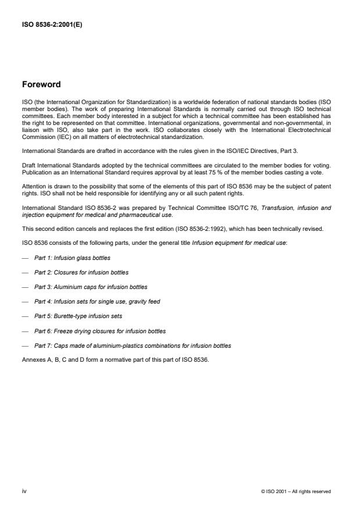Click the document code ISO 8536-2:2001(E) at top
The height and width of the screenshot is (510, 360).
[52, 24]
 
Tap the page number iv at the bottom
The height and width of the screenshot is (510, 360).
[24, 491]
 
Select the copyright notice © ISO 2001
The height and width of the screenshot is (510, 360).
[297, 491]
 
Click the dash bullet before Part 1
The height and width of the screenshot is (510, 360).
[25, 258]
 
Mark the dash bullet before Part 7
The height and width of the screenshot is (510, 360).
[25, 345]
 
